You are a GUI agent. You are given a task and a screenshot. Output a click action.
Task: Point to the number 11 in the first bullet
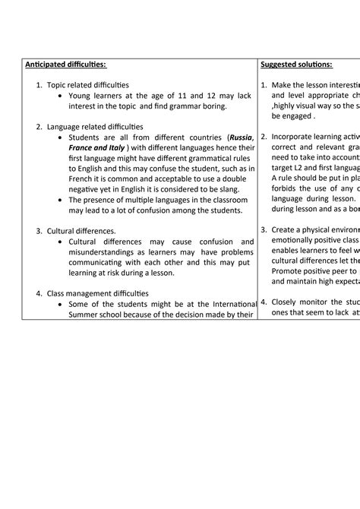point(171,96)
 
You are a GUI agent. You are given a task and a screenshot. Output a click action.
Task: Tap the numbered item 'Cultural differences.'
point(81,230)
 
